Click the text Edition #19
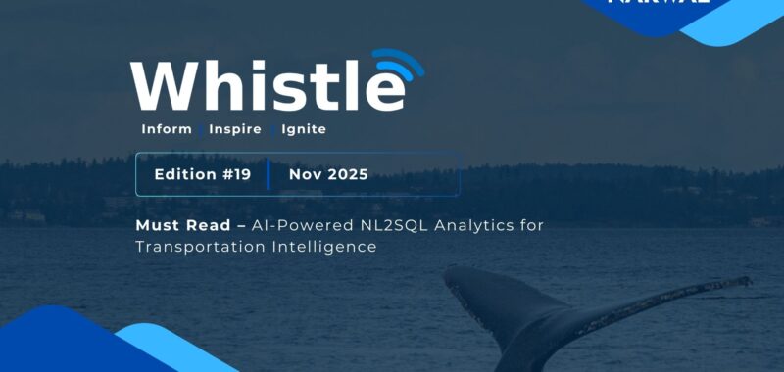click(x=203, y=174)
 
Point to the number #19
click(x=236, y=174)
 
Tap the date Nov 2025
click(x=328, y=174)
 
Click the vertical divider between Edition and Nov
click(x=269, y=174)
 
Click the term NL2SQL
click(x=377, y=225)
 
